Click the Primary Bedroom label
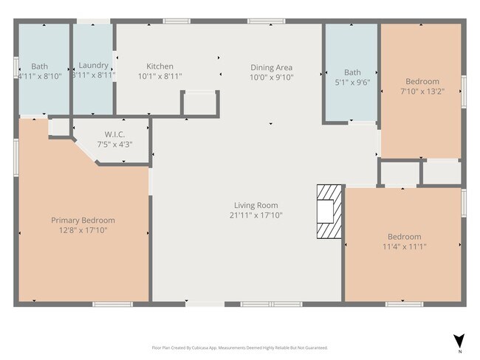(83, 220)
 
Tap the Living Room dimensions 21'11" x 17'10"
(256, 215)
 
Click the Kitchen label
(160, 66)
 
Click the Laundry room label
(93, 66)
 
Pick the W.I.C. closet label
(114, 134)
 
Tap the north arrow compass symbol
(459, 341)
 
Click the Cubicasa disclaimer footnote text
(239, 347)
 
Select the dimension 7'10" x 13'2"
(422, 91)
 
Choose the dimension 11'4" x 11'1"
(404, 246)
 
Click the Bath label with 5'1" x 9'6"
(352, 72)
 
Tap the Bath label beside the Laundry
(39, 66)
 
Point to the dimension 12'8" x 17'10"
(83, 230)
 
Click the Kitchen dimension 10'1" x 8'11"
(160, 76)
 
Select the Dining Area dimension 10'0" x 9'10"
(271, 77)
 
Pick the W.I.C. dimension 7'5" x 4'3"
(114, 144)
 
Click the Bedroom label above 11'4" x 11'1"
(404, 237)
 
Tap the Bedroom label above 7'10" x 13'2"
(422, 81)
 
